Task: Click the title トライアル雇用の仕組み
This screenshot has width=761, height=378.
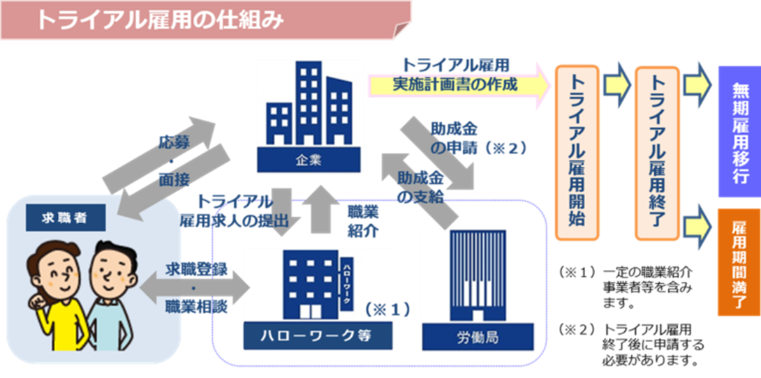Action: coord(160,20)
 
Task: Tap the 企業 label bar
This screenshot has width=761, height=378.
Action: coord(309,160)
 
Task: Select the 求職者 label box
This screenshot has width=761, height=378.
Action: coord(66,218)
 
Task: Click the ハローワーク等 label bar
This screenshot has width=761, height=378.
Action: coord(318,335)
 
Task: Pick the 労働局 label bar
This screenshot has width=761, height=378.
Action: coord(478,336)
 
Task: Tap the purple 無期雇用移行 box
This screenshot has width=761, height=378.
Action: coord(739,131)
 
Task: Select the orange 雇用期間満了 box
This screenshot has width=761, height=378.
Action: coord(739,262)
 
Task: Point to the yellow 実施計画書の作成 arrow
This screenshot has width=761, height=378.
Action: coord(459,84)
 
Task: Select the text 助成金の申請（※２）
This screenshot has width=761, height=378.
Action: coord(478,138)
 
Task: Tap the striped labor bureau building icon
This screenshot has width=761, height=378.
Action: coord(478,275)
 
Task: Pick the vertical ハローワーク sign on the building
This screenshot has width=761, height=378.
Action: coord(346,281)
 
